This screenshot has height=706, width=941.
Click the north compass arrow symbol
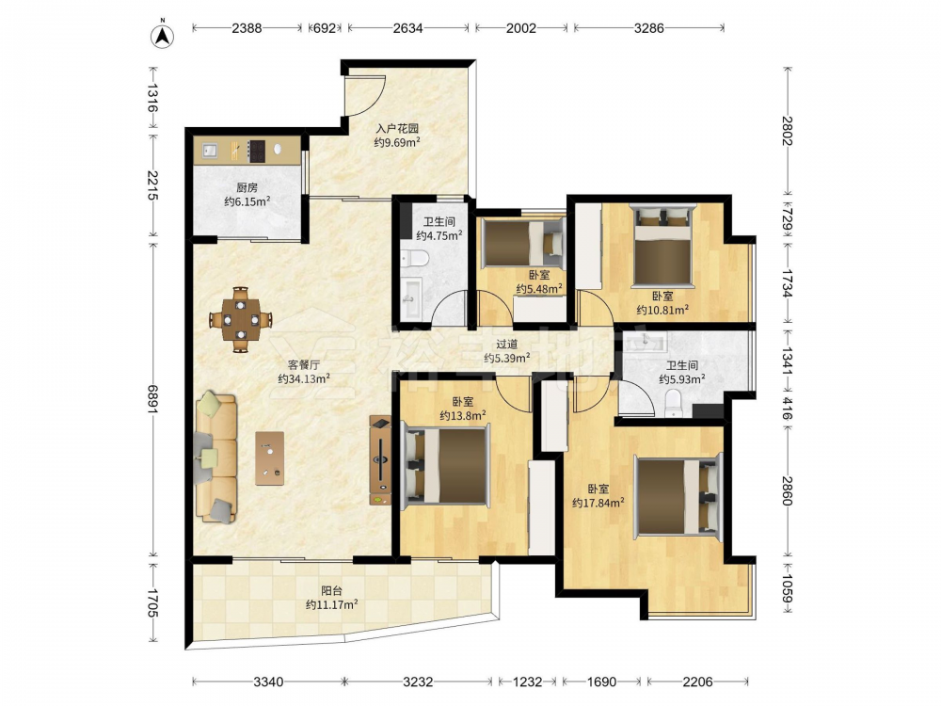pyautogui.click(x=162, y=35)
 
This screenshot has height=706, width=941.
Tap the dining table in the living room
pyautogui.click(x=241, y=319)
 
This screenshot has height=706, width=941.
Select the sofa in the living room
pyautogui.click(x=216, y=457)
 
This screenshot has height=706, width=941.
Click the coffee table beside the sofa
pyautogui.click(x=270, y=458)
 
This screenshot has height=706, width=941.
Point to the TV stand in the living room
pyautogui.click(x=380, y=460)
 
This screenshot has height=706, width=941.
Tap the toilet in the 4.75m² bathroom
pyautogui.click(x=415, y=259)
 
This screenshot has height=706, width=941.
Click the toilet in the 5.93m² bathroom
pyautogui.click(x=675, y=402)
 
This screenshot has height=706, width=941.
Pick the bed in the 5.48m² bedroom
pyautogui.click(x=523, y=243)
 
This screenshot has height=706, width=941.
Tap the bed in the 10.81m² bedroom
pyautogui.click(x=662, y=246)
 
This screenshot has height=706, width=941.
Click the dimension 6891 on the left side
pyautogui.click(x=153, y=398)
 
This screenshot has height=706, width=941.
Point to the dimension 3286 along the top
pyautogui.click(x=648, y=28)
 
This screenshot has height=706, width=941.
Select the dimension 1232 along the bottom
pyautogui.click(x=528, y=682)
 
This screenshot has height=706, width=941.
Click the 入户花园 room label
pyautogui.click(x=397, y=128)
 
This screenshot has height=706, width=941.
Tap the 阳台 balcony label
pyautogui.click(x=332, y=591)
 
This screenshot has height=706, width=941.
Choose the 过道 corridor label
pyautogui.click(x=507, y=344)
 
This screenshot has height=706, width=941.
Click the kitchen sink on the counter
pyautogui.click(x=210, y=150)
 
